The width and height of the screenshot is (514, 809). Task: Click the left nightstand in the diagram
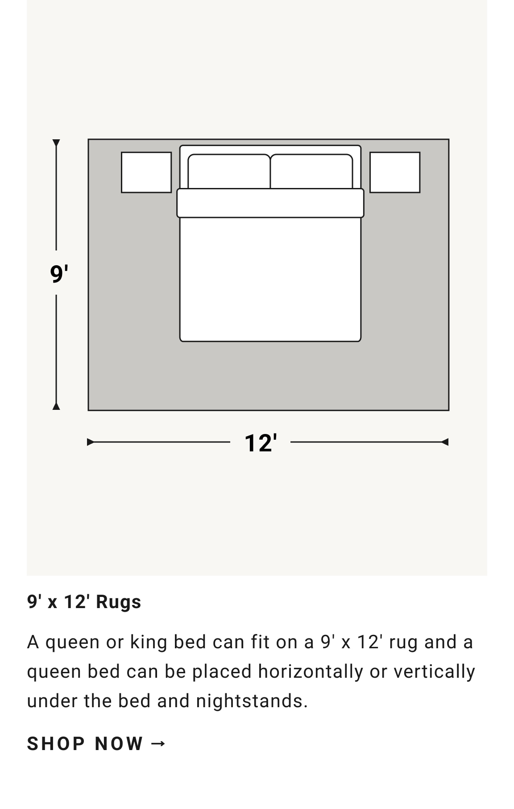146,172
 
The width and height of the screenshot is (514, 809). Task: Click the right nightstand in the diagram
395,172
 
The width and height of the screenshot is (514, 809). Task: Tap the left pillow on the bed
229,171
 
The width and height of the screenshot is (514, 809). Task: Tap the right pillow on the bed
311,171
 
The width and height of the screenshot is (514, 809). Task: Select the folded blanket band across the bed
270,203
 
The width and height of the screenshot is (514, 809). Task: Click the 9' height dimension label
59,273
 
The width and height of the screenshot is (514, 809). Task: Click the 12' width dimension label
261,443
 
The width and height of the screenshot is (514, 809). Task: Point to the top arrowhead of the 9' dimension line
56,143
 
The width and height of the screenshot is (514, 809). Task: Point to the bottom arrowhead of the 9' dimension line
56,406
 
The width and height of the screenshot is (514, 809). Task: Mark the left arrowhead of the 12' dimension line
91,442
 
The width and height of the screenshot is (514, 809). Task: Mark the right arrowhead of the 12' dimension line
444,442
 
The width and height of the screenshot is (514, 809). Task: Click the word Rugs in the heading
118,602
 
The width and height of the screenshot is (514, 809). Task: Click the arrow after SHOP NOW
158,744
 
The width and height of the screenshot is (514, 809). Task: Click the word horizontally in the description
311,671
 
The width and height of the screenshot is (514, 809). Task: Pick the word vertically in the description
434,671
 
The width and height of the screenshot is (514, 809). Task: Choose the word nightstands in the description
252,701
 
